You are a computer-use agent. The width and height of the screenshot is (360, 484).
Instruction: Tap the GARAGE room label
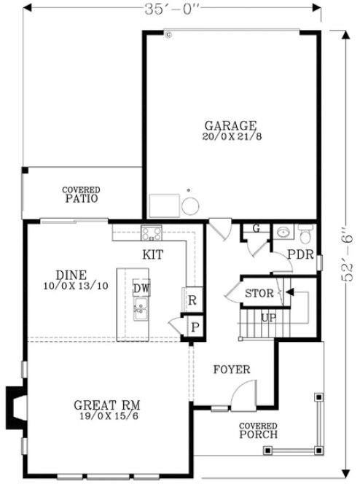230,125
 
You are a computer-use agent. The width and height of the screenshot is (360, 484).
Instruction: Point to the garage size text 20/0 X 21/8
230,136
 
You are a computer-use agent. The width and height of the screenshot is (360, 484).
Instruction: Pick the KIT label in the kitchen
153,255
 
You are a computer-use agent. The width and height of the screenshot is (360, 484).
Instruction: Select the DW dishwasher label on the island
141,288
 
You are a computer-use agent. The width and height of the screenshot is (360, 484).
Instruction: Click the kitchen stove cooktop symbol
152,234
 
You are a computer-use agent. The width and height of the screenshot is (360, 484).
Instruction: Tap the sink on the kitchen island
141,313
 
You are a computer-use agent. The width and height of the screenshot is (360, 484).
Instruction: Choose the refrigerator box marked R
192,300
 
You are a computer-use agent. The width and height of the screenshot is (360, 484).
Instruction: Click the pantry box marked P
195,326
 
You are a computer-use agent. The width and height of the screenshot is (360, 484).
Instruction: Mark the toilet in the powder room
306,235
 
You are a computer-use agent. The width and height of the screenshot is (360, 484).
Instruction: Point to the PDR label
300,256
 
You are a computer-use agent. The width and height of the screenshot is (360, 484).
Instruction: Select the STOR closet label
258,294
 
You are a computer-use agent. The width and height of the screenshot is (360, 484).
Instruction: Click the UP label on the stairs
268,319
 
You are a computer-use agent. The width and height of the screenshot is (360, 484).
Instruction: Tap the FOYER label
232,370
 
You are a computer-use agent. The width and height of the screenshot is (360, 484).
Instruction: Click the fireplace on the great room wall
15,406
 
